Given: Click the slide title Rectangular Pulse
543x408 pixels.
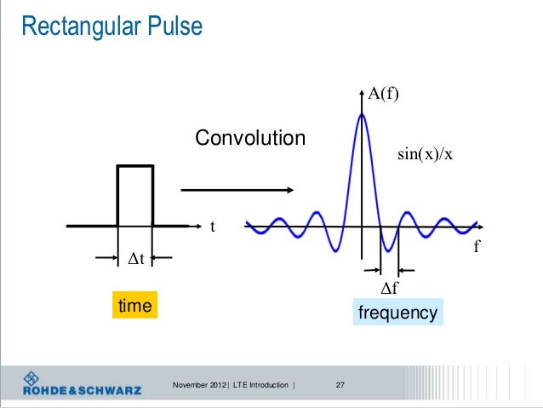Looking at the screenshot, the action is (111, 27).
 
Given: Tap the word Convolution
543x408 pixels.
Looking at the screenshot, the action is (250, 138).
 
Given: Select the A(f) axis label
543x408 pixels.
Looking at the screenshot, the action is (384, 95).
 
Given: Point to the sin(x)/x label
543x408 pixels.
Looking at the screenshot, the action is (425, 156).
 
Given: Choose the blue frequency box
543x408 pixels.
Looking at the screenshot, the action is (397, 313).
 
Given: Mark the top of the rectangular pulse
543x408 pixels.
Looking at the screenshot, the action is (134, 167).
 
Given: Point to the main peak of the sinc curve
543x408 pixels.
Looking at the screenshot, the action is (363, 116).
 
